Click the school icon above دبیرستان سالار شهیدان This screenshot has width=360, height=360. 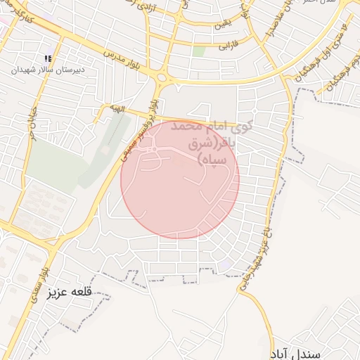(48, 58)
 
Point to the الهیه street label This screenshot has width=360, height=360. (116, 108)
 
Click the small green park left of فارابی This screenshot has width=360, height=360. (199, 51)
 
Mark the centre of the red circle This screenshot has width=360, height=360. (180, 179)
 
